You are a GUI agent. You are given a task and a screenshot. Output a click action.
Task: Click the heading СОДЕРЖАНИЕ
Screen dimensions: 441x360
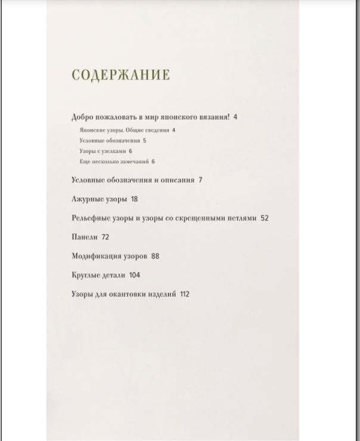tap(120, 75)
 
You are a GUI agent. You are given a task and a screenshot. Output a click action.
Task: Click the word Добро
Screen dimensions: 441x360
tap(82, 117)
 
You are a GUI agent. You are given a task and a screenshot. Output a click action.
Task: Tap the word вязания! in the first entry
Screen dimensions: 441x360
tap(215, 117)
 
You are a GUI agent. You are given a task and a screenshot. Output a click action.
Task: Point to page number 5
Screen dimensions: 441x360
tap(144, 141)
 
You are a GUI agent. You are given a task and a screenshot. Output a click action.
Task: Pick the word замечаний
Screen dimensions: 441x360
tap(135, 162)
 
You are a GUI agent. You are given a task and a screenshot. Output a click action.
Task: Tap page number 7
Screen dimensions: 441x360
tap(200, 180)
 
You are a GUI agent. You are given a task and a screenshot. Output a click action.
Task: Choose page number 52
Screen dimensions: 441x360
tap(265, 218)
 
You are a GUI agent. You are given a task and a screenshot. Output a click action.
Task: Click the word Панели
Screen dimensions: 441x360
tap(84, 237)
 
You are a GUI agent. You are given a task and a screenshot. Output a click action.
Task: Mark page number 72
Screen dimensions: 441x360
tap(105, 237)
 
